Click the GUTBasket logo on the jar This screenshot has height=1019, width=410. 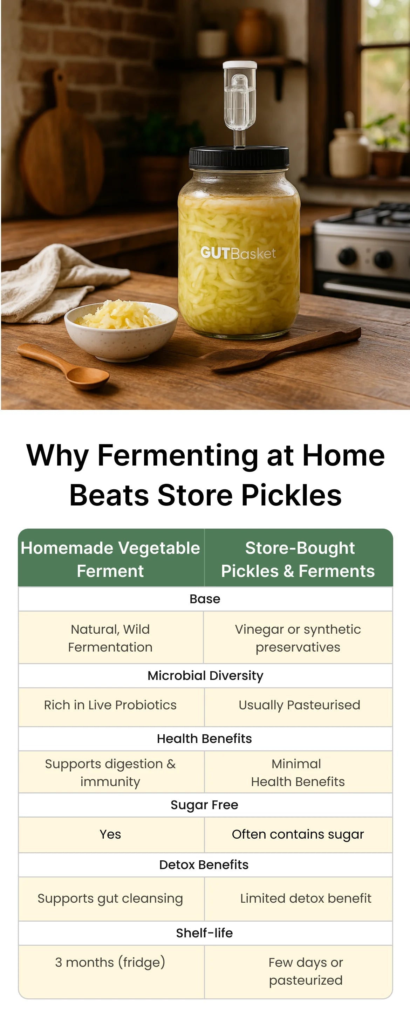238,253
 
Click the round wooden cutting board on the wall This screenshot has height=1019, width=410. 62,151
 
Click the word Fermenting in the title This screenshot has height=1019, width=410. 178,456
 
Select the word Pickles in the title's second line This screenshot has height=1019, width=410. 292,495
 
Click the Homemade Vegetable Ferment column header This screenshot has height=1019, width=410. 110,559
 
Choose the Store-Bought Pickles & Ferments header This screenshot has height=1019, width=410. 298,559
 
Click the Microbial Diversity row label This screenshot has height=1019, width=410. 205,676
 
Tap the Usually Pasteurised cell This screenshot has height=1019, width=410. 299,705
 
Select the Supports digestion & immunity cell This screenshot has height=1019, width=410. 110,772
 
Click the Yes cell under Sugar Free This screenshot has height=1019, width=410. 110,834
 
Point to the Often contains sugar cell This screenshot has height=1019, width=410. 298,835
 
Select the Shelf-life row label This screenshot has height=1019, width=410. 205,933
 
